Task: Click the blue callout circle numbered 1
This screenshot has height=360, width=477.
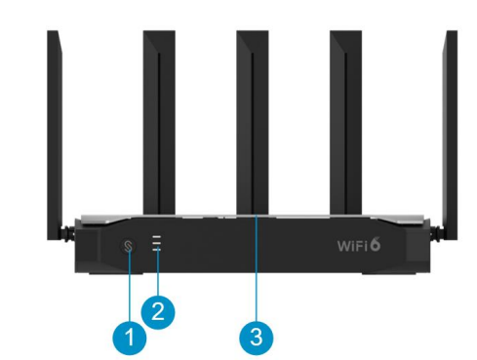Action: pyautogui.click(x=130, y=338)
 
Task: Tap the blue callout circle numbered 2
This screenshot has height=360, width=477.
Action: pyautogui.click(x=158, y=311)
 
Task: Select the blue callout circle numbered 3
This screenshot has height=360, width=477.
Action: pyautogui.click(x=257, y=338)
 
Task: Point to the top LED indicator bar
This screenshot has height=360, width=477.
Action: pyautogui.click(x=157, y=237)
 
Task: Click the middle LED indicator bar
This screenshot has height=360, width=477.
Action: pyautogui.click(x=157, y=243)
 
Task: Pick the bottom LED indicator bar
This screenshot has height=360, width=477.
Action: pyautogui.click(x=157, y=249)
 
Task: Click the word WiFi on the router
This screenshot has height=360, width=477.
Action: pyautogui.click(x=352, y=246)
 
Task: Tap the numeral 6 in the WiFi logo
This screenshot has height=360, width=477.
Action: pyautogui.click(x=375, y=244)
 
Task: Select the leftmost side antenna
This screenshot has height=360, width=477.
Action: pyautogui.click(x=55, y=135)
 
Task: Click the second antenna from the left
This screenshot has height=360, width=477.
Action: pyautogui.click(x=159, y=123)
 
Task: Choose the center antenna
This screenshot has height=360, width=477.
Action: pyautogui.click(x=253, y=123)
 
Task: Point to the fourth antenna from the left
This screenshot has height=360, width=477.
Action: pyautogui.click(x=345, y=123)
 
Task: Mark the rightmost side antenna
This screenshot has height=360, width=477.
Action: pyautogui.click(x=452, y=135)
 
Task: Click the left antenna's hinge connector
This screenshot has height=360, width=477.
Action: pyautogui.click(x=69, y=232)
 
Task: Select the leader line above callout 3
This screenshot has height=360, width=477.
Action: pyautogui.click(x=257, y=267)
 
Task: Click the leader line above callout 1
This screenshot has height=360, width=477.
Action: pyautogui.click(x=130, y=285)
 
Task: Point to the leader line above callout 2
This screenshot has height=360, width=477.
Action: pyautogui.click(x=158, y=272)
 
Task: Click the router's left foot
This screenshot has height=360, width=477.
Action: pyautogui.click(x=115, y=272)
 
